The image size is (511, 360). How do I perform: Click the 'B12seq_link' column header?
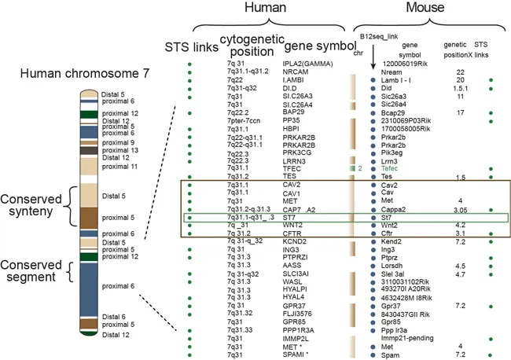378,37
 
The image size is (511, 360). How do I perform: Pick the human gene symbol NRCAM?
295,72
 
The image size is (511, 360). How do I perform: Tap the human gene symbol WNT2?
292,203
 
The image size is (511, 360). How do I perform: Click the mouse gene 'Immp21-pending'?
408,337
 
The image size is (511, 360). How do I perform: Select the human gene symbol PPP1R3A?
300,330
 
